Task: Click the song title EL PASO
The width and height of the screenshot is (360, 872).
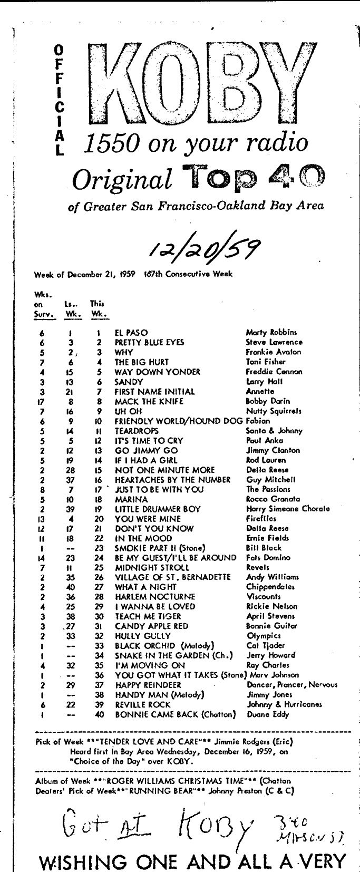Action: coord(131,333)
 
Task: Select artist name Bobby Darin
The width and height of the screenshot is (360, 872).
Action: coord(268,401)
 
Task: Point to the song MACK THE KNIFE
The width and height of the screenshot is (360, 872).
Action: coord(149,401)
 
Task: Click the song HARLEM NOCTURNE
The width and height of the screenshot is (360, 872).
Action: coord(155,597)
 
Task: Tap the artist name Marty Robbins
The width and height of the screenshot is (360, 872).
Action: coord(271,333)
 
